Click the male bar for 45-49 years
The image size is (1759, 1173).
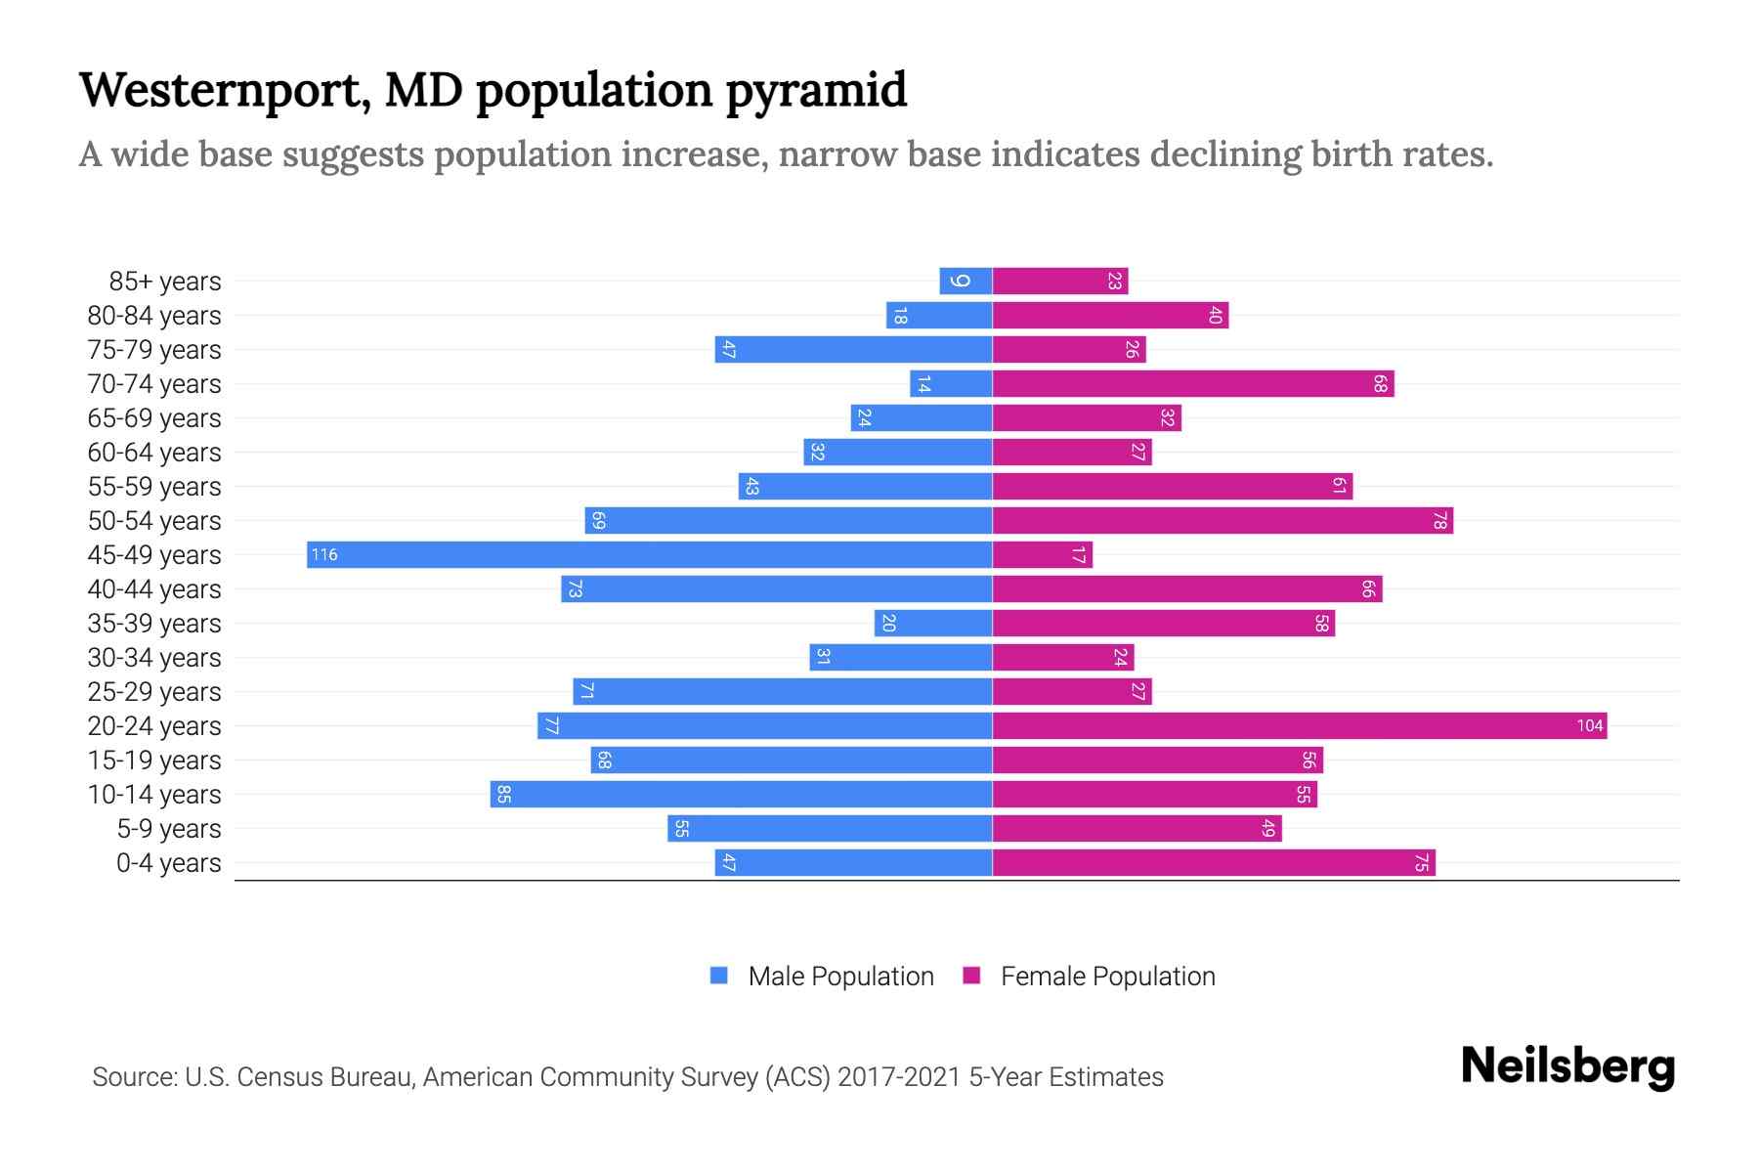(650, 555)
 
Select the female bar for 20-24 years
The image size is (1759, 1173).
(1300, 726)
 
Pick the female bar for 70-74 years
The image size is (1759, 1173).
(1193, 384)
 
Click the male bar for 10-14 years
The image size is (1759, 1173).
(742, 795)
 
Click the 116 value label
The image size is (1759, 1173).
(324, 555)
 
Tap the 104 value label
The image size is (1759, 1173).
(1589, 726)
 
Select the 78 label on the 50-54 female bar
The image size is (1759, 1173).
(1439, 521)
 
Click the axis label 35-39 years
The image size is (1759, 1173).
(154, 624)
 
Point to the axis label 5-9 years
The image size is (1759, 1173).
(169, 829)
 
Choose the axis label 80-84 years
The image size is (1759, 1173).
(154, 316)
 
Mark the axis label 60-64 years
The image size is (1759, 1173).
(154, 453)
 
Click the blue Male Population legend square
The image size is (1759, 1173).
(719, 976)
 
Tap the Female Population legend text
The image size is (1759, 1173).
(1107, 977)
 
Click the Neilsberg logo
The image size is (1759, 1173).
(1567, 1066)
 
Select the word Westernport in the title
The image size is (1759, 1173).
(224, 90)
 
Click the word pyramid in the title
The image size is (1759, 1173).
(816, 90)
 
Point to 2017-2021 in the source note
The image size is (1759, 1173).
(898, 1077)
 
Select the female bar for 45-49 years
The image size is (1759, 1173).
(1043, 555)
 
